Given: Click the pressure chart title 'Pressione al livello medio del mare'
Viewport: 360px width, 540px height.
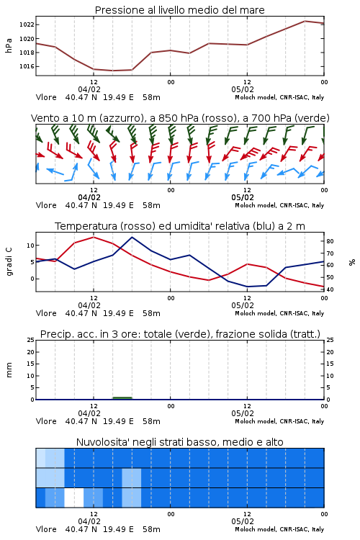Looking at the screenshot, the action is coord(179,10).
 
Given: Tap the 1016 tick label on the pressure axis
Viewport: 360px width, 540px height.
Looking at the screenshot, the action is coord(26,66).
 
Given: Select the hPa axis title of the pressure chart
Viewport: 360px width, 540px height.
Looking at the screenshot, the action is coord(9,45).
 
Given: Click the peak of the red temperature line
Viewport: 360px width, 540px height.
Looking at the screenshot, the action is coord(94,237).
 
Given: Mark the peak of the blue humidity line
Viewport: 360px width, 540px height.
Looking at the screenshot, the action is coord(132,237).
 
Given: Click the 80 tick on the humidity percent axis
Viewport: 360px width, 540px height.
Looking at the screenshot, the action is coord(330,241).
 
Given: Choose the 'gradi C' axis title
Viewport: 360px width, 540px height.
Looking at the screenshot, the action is coord(9,261).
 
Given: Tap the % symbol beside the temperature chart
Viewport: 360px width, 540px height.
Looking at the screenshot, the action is coord(352,262).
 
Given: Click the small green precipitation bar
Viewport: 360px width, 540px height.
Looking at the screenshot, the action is coord(122,398).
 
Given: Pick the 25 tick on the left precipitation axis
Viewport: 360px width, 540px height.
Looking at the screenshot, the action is coord(30,340).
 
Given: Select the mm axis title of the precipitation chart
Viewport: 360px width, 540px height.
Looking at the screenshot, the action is coord(9,369).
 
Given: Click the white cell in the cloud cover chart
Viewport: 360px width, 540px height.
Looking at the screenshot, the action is coord(74,498).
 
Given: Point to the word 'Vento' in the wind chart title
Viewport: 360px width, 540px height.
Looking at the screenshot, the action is coord(42,118).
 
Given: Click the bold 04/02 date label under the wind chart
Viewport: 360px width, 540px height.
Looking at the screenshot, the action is coord(89,198).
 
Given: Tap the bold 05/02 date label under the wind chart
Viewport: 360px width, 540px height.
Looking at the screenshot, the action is coord(243,198).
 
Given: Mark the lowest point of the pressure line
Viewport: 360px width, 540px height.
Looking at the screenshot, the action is coord(112,71).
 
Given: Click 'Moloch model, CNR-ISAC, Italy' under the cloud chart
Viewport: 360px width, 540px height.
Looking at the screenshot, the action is coord(279,529).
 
